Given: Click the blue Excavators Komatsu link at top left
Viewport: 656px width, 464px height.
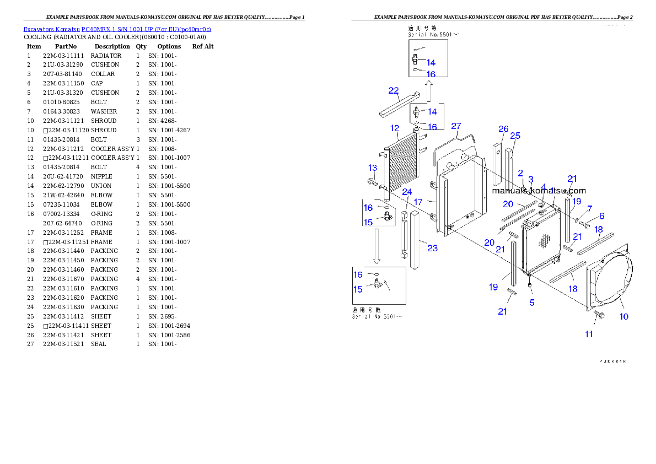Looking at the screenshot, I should [117, 29].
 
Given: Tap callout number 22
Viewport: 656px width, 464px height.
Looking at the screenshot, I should [394, 91].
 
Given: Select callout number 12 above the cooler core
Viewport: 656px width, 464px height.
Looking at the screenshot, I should [395, 128].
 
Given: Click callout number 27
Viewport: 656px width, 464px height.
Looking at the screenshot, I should [456, 126].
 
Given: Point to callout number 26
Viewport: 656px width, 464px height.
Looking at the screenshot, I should [503, 129].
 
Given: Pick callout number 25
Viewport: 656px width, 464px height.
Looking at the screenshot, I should [515, 136].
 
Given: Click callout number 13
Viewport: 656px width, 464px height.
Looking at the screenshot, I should [373, 168].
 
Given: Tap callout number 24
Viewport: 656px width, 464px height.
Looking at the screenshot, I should [407, 192].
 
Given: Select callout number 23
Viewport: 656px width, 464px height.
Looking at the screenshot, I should [432, 248].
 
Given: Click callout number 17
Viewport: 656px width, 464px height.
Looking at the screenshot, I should [418, 202].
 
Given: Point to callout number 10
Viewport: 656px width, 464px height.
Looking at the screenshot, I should [624, 316].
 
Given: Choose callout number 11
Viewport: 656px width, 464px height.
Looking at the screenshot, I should [589, 334].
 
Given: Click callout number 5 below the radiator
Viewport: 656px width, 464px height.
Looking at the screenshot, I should [532, 303].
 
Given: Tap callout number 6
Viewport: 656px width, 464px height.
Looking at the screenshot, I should [602, 216].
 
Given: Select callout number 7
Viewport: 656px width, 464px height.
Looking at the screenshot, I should [589, 209].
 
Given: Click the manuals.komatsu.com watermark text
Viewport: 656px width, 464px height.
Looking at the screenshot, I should [539, 191].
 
